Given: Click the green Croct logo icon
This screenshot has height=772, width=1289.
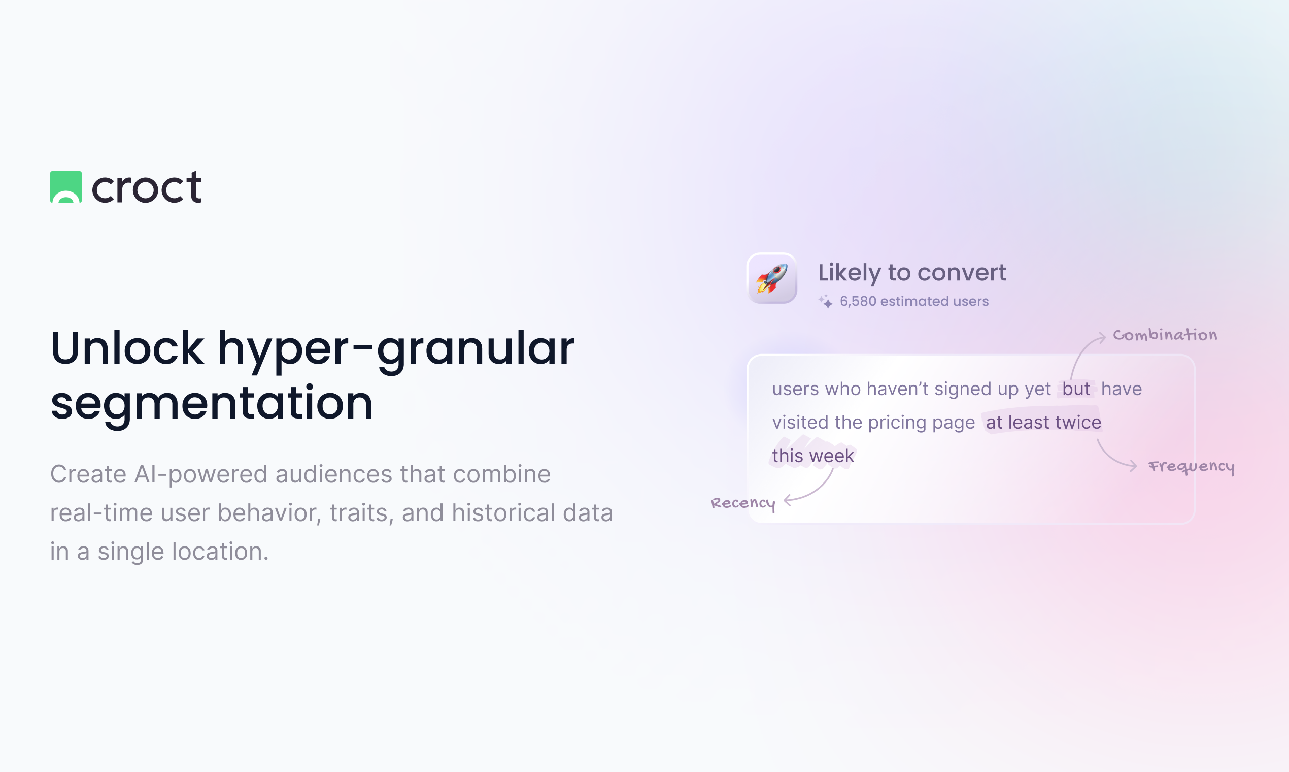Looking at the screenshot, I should click(65, 187).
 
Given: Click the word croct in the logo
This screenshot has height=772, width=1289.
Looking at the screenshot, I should click(147, 187).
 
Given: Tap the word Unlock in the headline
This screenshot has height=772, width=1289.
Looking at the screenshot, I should click(127, 348).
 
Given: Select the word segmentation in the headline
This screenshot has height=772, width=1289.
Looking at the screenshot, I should click(212, 403).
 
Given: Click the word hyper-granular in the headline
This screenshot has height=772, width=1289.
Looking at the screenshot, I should click(395, 348).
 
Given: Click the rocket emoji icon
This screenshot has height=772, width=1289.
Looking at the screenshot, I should click(772, 278).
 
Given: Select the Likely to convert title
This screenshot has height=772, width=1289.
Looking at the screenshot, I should click(912, 273).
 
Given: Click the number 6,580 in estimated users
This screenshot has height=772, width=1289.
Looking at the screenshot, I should click(858, 301).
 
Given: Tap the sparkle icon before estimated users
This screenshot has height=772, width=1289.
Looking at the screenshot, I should click(825, 301).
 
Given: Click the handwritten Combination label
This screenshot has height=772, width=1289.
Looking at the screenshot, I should click(1165, 335).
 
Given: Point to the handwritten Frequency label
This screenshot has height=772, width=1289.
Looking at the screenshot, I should click(1191, 467).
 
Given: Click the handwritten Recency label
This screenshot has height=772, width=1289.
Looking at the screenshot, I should click(743, 503).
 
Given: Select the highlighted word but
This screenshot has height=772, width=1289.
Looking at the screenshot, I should click(1076, 389).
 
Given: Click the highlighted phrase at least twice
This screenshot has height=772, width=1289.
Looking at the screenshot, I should click(1043, 423).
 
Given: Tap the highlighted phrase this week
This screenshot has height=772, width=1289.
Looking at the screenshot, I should click(813, 456).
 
